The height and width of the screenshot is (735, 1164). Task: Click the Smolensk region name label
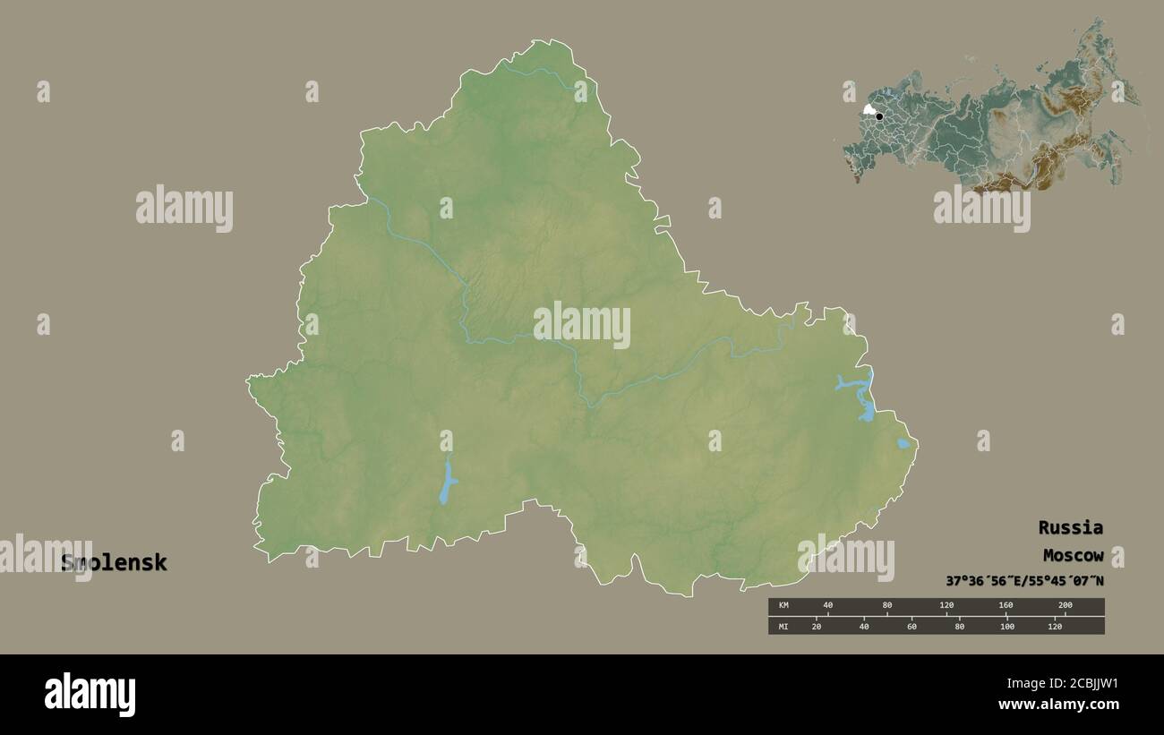coord(114,563)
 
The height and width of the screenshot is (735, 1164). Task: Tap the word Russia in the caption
coord(1070,527)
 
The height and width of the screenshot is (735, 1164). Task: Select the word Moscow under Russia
coord(1072,556)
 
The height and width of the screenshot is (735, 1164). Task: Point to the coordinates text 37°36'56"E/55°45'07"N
coord(1024,581)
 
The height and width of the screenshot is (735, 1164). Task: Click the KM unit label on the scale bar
coord(783,606)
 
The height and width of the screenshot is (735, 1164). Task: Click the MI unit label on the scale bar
coord(783,626)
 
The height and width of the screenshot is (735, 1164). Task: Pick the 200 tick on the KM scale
coord(1065,606)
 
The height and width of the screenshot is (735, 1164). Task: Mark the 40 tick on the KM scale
coord(827,606)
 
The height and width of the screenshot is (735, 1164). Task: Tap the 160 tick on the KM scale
coord(1006,606)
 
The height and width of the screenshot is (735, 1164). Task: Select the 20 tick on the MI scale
coord(816,626)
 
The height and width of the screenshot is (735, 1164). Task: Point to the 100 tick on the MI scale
coord(1007,626)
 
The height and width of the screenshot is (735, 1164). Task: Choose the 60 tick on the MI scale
coord(912,626)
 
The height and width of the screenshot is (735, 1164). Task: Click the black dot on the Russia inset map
coord(879,116)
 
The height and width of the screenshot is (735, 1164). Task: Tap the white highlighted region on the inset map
coord(869,110)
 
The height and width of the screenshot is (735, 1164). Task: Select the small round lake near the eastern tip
coord(903,443)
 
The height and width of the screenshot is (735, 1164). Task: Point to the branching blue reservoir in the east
coord(862,394)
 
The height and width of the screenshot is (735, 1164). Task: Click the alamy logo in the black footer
coord(90,695)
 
